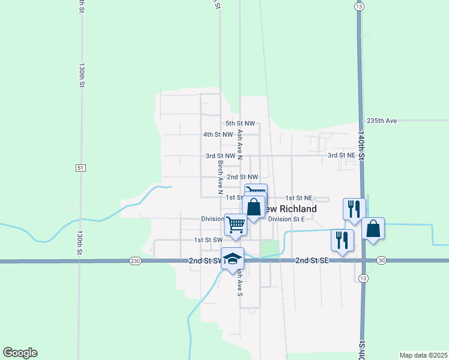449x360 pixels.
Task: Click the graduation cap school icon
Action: point(232,258)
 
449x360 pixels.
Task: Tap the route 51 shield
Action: point(80,168)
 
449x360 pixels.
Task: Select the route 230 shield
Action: point(134,261)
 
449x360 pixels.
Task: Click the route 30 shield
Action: point(382,260)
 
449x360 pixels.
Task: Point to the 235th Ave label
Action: point(382,121)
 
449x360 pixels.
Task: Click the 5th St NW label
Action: point(240,124)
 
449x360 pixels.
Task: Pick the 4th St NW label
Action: point(218,134)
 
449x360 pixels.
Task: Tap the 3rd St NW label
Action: point(220,155)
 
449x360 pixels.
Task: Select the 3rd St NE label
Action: point(341,155)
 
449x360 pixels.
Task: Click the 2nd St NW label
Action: point(243,177)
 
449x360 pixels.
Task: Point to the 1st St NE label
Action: point(298,197)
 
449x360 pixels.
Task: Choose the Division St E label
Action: point(286,219)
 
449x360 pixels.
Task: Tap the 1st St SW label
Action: point(208,240)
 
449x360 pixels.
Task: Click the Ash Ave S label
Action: point(240,282)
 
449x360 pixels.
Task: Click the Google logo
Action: point(20,353)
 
